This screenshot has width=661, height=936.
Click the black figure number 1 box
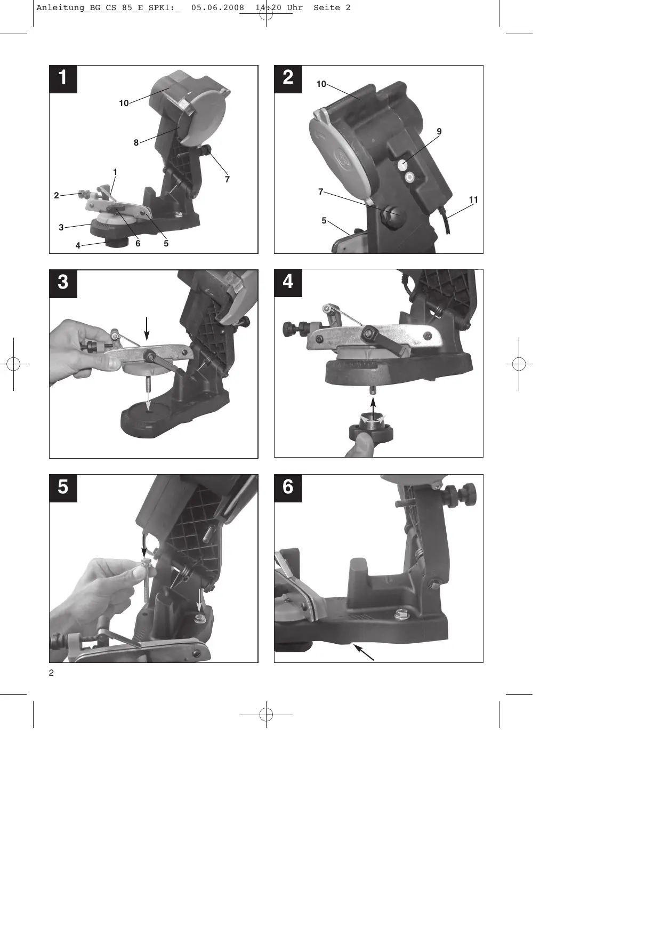coord(63,79)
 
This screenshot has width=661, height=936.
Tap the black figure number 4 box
coord(288,283)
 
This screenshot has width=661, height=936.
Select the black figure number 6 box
coord(288,488)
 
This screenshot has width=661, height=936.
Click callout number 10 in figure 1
coord(124,103)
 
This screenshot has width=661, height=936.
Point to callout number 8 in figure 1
coord(136,142)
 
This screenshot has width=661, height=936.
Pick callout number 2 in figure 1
coord(57,196)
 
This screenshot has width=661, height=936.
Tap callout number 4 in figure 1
coord(78,246)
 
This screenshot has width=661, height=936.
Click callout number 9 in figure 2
coord(439,131)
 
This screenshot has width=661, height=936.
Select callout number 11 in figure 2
coord(473,200)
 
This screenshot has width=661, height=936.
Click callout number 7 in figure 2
coord(320,191)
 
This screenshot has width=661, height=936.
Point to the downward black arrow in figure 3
coord(147,329)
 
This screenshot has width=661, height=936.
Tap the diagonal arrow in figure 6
coord(364,652)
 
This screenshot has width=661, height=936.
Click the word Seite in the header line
coord(327,7)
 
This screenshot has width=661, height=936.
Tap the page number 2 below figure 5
coord(51,673)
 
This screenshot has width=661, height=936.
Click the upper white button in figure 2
coord(404,165)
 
